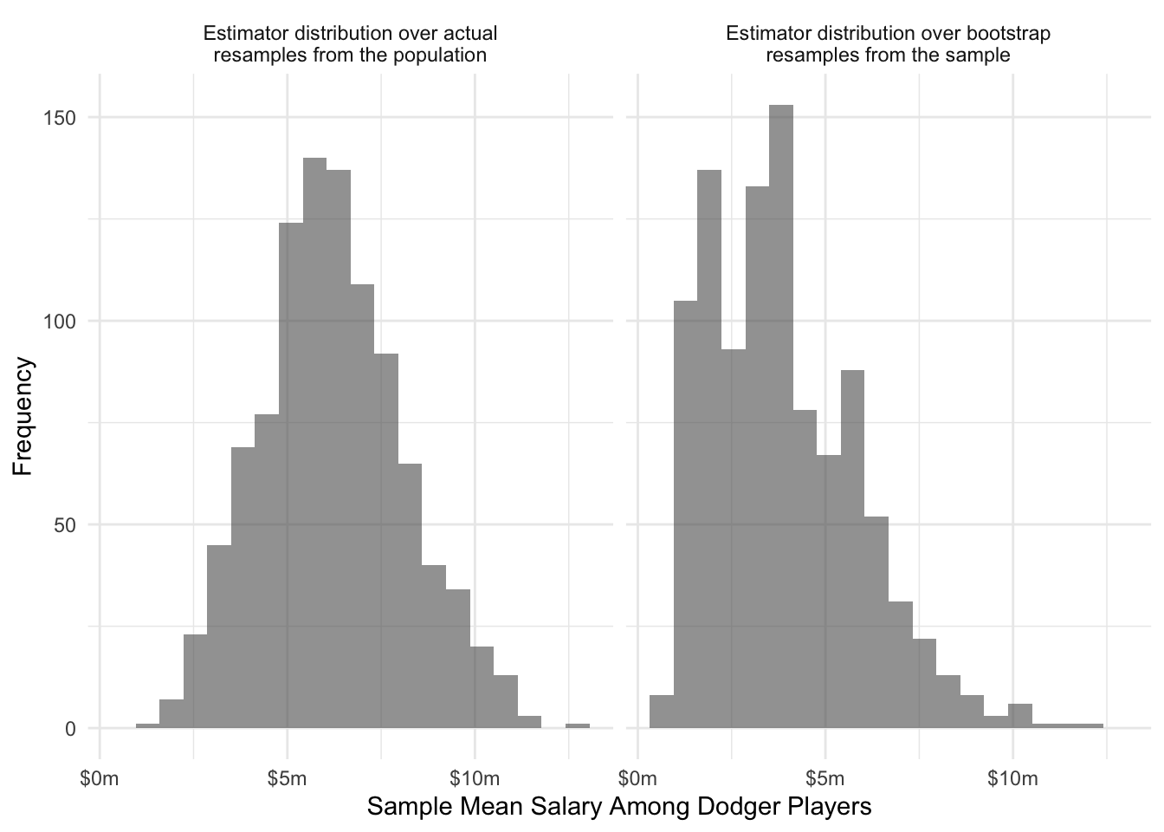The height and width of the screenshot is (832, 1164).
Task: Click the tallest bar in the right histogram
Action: (x=780, y=416)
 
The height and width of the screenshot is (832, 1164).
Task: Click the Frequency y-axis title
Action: (x=23, y=416)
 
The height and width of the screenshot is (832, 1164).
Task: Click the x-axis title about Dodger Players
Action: (x=618, y=807)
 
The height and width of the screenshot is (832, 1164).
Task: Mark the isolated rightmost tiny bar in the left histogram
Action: (x=578, y=726)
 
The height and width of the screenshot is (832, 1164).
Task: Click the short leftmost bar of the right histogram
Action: (x=662, y=712)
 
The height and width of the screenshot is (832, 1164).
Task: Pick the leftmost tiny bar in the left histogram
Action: (x=148, y=726)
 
